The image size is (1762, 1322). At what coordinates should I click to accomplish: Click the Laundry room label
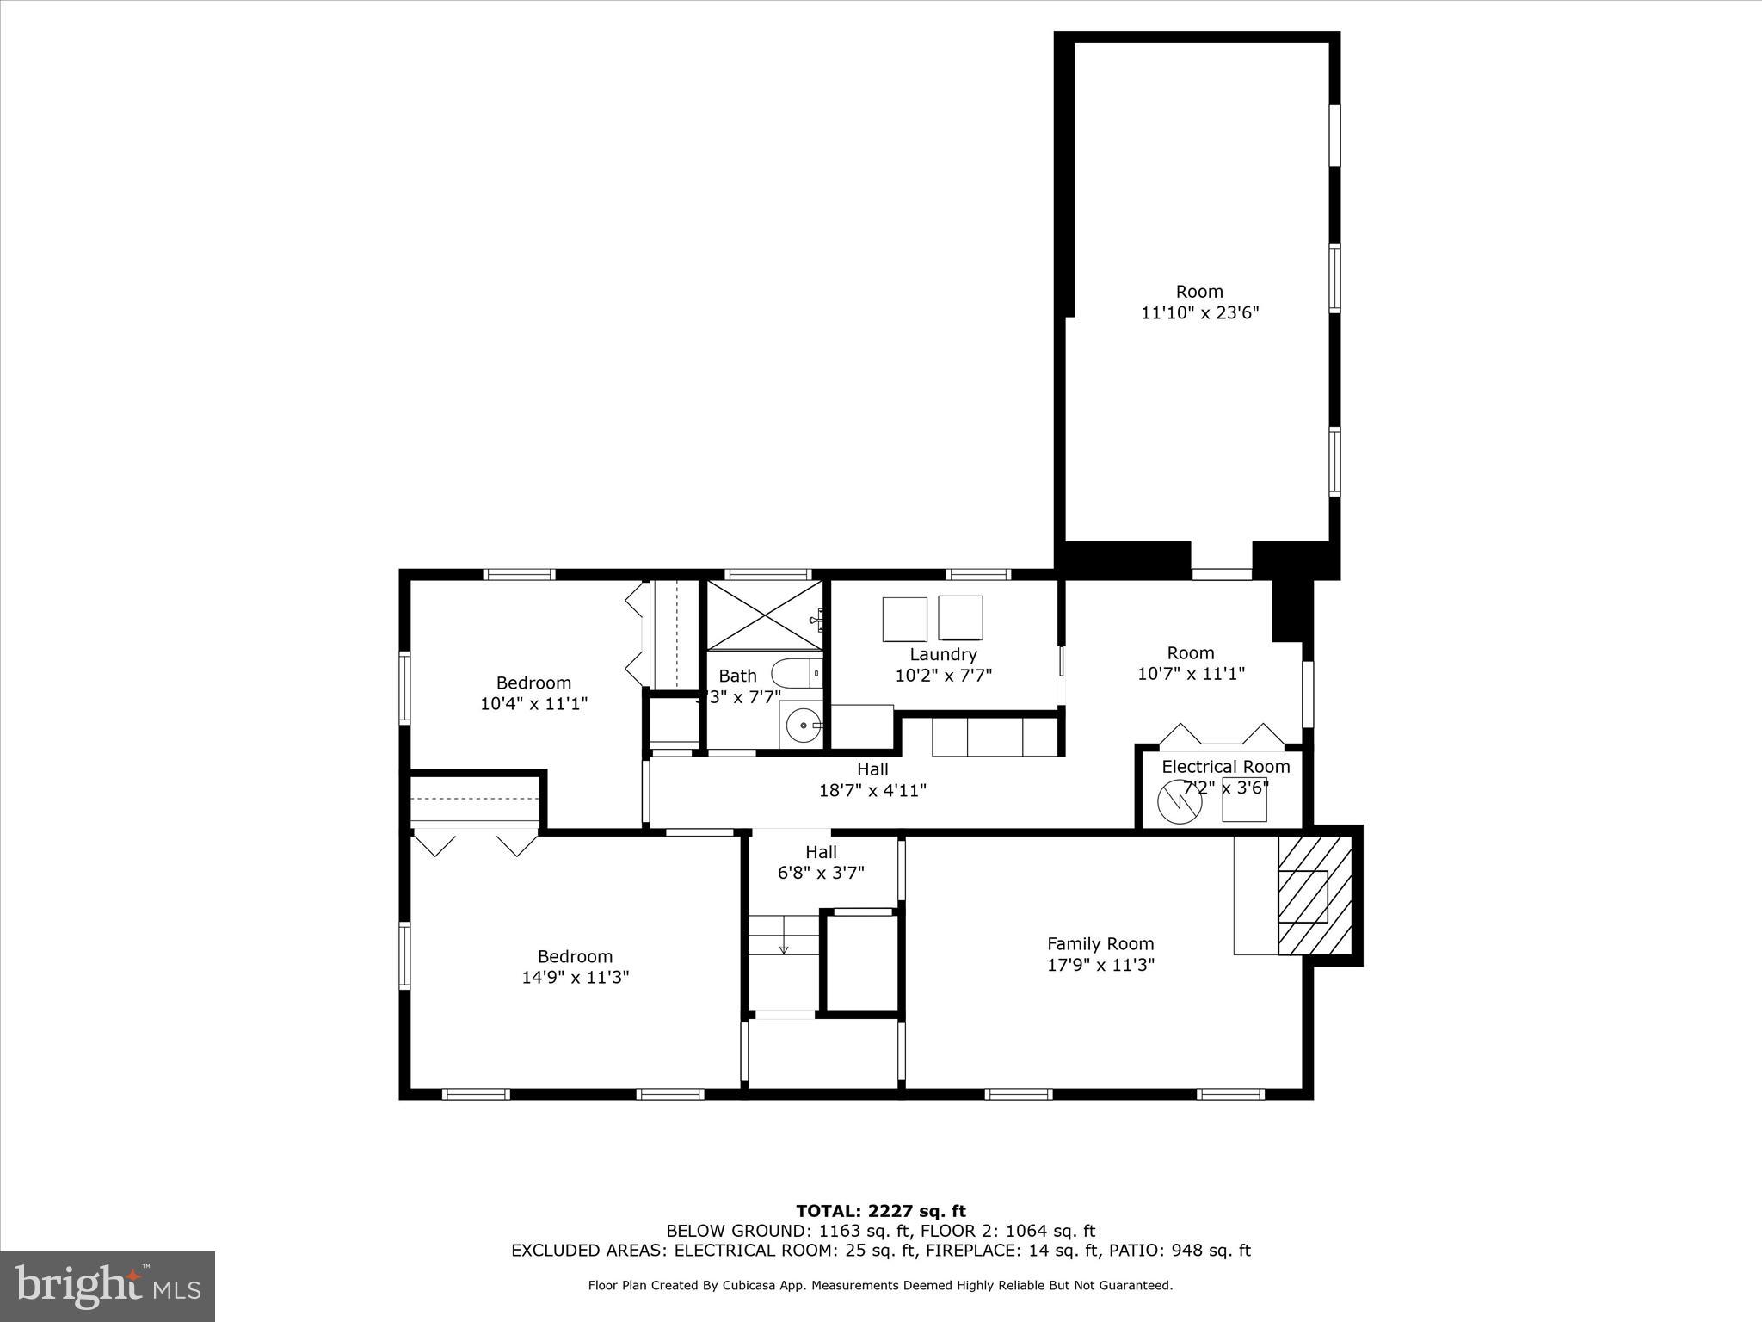(943, 654)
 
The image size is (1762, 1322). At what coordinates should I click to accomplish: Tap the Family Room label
(1100, 944)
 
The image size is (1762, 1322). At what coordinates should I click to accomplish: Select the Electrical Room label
(1225, 767)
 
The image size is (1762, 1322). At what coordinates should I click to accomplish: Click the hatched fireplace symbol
(1314, 895)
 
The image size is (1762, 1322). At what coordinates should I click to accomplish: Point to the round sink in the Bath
(804, 726)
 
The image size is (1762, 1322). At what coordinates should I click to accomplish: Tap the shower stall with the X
(762, 615)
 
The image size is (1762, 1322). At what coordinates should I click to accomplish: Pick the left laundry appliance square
(904, 619)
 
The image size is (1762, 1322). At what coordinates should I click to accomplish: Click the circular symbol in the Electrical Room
(1179, 801)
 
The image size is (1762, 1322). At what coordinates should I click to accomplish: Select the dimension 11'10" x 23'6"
(1199, 313)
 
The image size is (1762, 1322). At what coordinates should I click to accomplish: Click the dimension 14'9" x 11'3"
(575, 978)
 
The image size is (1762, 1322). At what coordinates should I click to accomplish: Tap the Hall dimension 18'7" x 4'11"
(872, 790)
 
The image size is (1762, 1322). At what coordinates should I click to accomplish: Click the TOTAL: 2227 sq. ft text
(880, 1212)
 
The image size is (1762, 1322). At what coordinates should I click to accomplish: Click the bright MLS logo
(108, 1286)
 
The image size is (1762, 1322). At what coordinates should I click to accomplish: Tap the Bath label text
(737, 676)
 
